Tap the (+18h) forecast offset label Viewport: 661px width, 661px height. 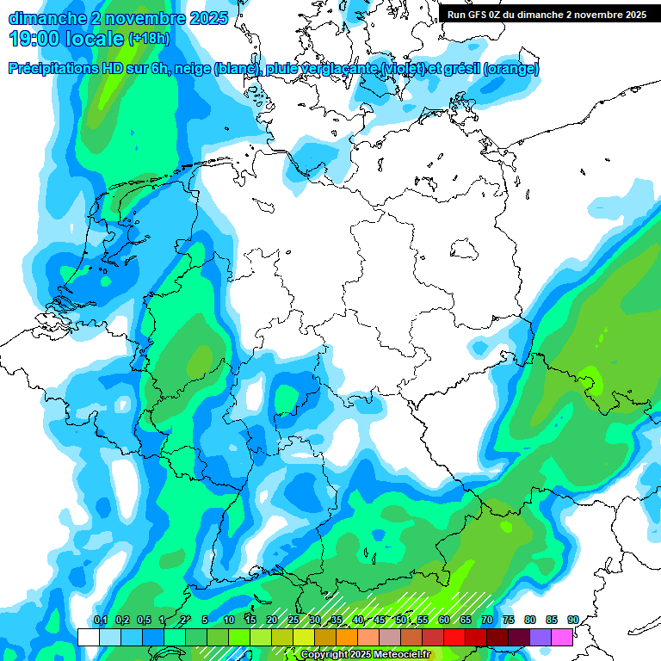[149, 39]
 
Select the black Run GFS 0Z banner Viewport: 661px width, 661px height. [547, 14]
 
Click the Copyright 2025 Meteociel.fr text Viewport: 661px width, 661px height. [365, 655]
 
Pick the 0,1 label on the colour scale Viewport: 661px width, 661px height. [100, 621]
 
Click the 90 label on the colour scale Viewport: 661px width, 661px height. [573, 621]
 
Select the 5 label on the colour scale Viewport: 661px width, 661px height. [205, 621]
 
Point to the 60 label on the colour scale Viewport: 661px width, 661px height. [444, 621]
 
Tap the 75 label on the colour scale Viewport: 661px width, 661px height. [509, 621]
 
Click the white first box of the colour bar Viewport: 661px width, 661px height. [88, 637]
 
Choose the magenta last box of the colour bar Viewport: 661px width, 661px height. [562, 637]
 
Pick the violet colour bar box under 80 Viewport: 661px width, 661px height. [541, 637]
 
